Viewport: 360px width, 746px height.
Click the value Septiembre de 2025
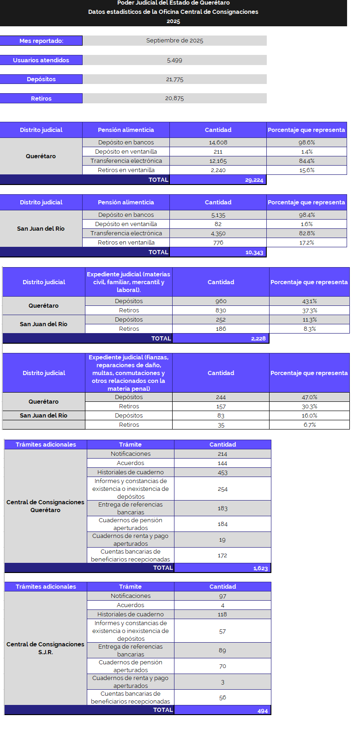pyautogui.click(x=174, y=41)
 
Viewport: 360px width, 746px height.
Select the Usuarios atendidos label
pyautogui.click(x=41, y=60)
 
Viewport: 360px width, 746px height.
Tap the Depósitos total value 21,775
pyautogui.click(x=174, y=79)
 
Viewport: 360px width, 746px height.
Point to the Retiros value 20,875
pyautogui.click(x=174, y=98)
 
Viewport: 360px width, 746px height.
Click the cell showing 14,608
pyautogui.click(x=218, y=143)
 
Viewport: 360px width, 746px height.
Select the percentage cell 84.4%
pyautogui.click(x=306, y=161)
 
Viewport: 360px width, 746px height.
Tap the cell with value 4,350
pyautogui.click(x=218, y=233)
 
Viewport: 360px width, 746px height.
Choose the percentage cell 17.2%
pyautogui.click(x=306, y=243)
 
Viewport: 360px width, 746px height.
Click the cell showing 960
pyautogui.click(x=221, y=301)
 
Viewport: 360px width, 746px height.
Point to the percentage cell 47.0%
pyautogui.click(x=309, y=397)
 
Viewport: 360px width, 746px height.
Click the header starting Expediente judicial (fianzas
pyautogui.click(x=129, y=373)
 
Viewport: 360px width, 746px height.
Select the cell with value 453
pyautogui.click(x=222, y=472)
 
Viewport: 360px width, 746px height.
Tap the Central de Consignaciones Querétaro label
pyautogui.click(x=45, y=506)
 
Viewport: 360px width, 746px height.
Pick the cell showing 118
pyautogui.click(x=222, y=615)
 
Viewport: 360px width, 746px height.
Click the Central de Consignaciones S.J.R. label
pyautogui.click(x=45, y=648)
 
